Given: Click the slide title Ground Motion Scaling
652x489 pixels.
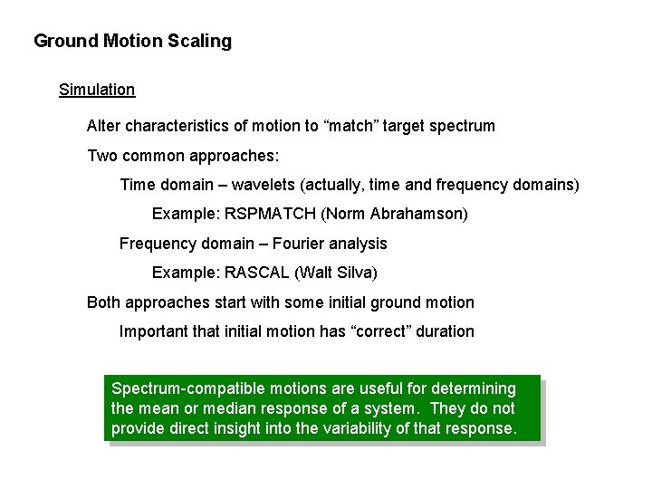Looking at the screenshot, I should point(132,42).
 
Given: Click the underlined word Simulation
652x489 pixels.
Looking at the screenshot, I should point(97,90).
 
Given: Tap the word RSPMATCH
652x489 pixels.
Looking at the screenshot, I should point(260,215).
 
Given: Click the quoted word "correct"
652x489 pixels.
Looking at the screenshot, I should point(379,331).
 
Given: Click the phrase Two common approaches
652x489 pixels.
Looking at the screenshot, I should point(177,156).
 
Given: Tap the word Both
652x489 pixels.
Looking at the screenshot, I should point(103,302).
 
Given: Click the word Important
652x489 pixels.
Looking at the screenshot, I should point(153,331).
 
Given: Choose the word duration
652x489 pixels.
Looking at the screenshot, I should point(446,331).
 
